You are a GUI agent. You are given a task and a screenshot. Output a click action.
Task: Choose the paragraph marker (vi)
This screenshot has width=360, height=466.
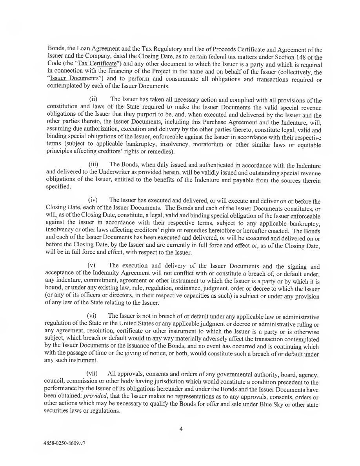(91, 316)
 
